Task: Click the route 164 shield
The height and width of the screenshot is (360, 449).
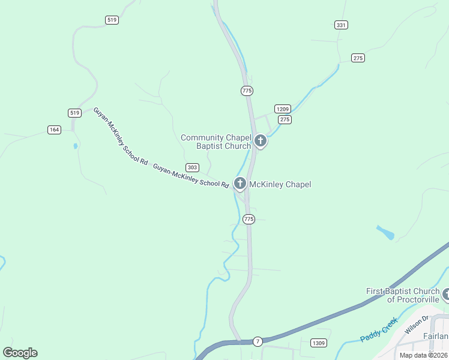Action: click(x=54, y=130)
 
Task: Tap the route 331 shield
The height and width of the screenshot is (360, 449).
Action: click(x=341, y=25)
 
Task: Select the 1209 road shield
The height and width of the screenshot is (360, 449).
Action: click(x=283, y=109)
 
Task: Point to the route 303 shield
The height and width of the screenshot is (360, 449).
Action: click(x=192, y=167)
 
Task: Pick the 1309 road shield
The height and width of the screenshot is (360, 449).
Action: click(x=319, y=343)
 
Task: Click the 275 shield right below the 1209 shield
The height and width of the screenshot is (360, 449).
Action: click(x=285, y=119)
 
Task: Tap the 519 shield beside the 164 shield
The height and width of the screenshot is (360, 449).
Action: click(x=74, y=113)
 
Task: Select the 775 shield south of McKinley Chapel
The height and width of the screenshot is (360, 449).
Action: click(x=249, y=219)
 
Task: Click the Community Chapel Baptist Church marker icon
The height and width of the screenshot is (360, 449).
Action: click(x=260, y=142)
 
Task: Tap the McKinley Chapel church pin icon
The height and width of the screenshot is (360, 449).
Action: click(x=240, y=184)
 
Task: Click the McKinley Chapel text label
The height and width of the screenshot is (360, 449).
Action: click(x=280, y=184)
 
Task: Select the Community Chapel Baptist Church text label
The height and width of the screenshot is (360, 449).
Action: click(x=216, y=142)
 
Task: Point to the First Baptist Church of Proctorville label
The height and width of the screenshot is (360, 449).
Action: click(x=403, y=295)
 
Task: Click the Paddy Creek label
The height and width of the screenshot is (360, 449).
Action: click(x=379, y=329)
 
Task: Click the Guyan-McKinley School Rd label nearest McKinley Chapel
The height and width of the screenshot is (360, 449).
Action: click(x=191, y=176)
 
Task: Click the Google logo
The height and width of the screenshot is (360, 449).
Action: click(x=20, y=353)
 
